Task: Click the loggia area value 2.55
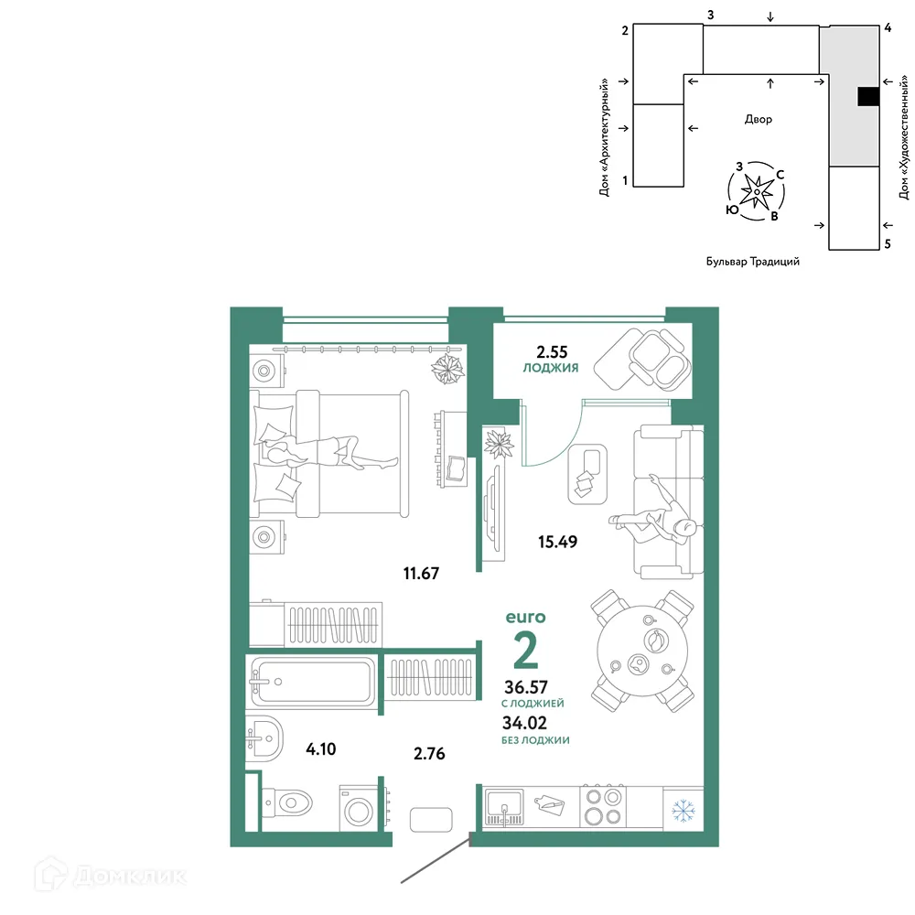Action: click(552, 352)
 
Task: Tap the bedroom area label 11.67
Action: click(421, 573)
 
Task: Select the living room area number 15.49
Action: click(557, 542)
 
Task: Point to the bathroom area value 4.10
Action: click(321, 748)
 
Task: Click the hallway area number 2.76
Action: click(429, 753)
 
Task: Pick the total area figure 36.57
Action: click(526, 687)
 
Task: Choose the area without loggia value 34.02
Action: click(524, 723)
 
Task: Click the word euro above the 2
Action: click(525, 617)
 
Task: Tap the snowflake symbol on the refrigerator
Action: click(684, 811)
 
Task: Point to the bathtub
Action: click(312, 681)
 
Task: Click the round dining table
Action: click(642, 650)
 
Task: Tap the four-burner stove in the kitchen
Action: click(603, 806)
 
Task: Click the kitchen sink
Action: click(504, 807)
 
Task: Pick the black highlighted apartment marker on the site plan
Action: click(868, 96)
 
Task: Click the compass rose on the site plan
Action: click(757, 191)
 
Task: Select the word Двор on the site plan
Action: click(758, 119)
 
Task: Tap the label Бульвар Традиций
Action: click(753, 262)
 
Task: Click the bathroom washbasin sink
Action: click(264, 738)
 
